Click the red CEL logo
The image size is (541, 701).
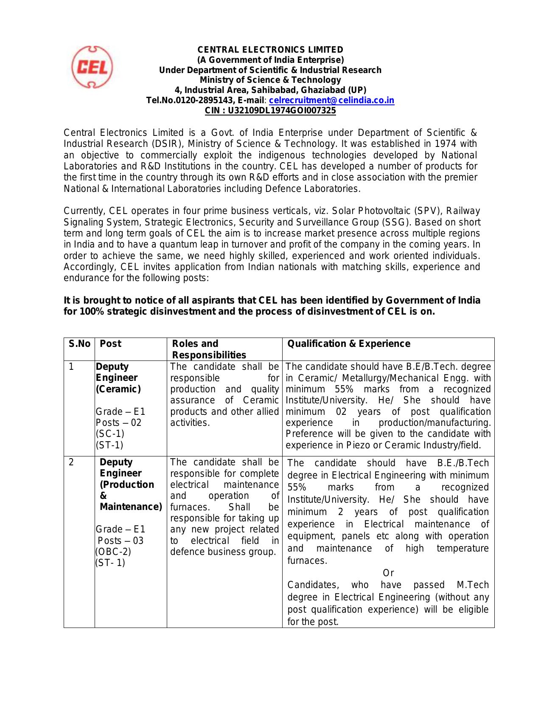coord(92,67)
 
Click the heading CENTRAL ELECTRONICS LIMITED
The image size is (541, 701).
coord(270,50)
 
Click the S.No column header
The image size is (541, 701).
coord(79,344)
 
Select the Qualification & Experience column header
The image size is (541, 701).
coord(349,344)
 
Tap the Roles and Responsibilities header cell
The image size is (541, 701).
coord(208,349)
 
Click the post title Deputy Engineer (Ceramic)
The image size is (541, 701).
coord(117,378)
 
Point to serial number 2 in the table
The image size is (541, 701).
coord(71,462)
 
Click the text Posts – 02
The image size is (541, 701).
coord(118,423)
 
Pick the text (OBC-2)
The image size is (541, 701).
coord(113,552)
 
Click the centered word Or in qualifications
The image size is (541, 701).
coord(388,573)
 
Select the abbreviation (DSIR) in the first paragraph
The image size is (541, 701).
coord(167,144)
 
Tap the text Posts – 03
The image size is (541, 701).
coord(121,541)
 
